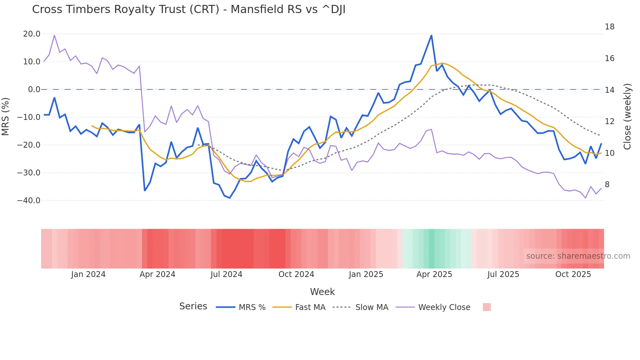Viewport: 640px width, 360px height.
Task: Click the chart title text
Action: point(189,9)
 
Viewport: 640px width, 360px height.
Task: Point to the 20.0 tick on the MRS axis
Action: point(32,34)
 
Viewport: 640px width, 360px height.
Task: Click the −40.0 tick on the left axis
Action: point(29,201)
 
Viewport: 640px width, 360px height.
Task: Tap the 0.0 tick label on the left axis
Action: point(34,90)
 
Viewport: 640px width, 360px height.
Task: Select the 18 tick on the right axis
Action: point(609,27)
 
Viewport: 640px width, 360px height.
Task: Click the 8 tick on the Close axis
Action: point(607,185)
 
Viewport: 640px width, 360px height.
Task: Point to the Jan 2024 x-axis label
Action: point(88,274)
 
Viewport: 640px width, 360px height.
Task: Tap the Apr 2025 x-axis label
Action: point(434,274)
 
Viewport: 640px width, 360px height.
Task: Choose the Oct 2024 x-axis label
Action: point(296,274)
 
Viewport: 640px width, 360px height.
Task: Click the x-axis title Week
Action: point(322,292)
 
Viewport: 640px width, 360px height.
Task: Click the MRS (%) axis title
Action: point(6,117)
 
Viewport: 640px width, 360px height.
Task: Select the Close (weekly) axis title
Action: point(627,117)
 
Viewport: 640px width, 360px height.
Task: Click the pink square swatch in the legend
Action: point(487,307)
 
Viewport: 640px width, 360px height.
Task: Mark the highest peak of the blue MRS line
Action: point(431,35)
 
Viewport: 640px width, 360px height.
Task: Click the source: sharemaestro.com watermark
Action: point(578,256)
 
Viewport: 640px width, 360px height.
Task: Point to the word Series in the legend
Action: point(193,306)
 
